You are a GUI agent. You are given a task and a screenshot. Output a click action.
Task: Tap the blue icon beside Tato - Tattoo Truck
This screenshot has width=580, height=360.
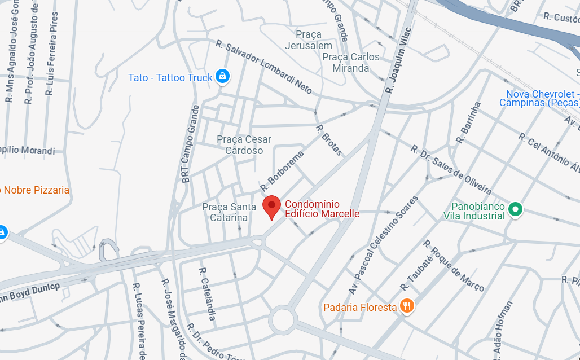click(223, 77)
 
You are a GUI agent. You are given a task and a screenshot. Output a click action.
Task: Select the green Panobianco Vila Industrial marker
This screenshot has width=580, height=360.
click(515, 210)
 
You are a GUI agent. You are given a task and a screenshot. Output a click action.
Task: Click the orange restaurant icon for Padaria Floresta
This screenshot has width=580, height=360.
click(406, 306)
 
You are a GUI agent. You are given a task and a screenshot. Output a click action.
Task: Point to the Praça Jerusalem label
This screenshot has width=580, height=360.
click(308, 40)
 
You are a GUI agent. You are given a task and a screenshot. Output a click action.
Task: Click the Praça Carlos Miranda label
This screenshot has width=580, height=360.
click(350, 63)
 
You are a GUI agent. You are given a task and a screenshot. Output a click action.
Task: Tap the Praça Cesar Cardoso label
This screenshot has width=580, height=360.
click(244, 145)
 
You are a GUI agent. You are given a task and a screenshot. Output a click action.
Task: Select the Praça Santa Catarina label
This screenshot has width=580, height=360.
click(225, 212)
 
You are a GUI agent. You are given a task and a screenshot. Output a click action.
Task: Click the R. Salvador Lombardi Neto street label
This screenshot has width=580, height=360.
click(263, 67)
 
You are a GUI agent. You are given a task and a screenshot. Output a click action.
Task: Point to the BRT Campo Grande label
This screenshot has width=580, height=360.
click(188, 143)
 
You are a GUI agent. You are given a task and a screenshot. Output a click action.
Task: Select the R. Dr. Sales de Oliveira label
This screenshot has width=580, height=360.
click(451, 170)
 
